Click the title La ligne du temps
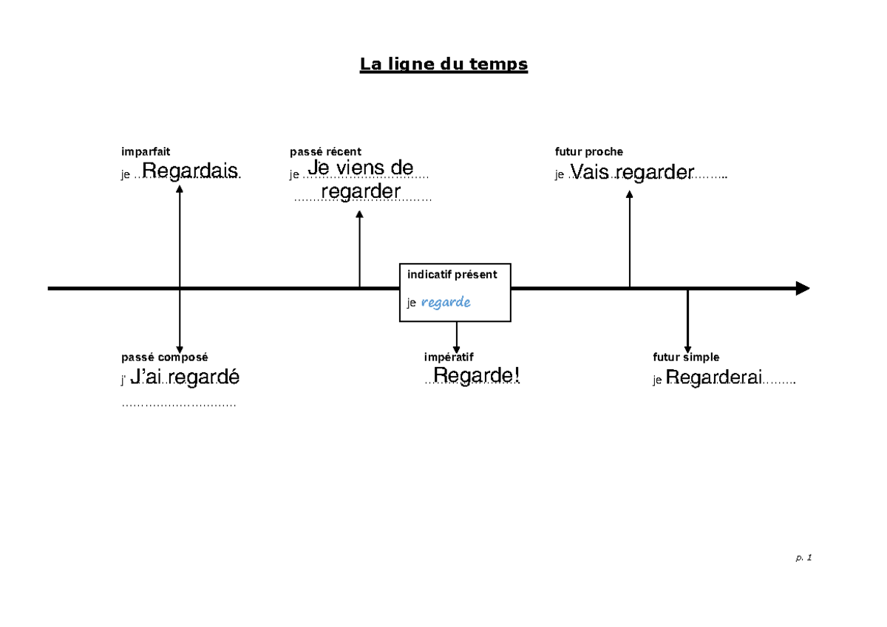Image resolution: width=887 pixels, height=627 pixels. click(443, 65)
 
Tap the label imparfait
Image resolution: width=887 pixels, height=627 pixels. click(146, 152)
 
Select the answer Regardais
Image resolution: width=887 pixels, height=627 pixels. click(190, 171)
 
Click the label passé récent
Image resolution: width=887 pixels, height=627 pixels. click(325, 152)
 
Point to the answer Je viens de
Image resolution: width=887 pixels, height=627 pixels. click(361, 168)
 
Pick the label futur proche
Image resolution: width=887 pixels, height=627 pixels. click(589, 152)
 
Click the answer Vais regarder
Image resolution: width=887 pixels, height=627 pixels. click(632, 173)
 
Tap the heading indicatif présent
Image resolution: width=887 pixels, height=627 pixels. click(452, 275)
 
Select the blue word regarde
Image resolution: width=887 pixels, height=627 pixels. click(446, 303)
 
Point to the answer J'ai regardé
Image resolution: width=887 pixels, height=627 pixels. click(185, 377)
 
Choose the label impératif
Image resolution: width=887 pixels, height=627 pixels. click(449, 357)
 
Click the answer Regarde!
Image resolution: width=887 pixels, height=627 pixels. click(477, 376)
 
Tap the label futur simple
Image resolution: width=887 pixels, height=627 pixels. click(686, 357)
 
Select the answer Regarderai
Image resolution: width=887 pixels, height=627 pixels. click(713, 378)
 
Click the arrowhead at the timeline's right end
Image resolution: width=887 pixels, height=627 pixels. click(803, 288)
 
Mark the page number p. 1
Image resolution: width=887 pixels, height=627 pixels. click(803, 558)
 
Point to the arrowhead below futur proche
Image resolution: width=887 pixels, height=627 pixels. click(629, 195)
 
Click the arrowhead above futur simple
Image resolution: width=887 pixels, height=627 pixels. click(687, 349)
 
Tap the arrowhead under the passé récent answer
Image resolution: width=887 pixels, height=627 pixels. click(360, 214)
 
